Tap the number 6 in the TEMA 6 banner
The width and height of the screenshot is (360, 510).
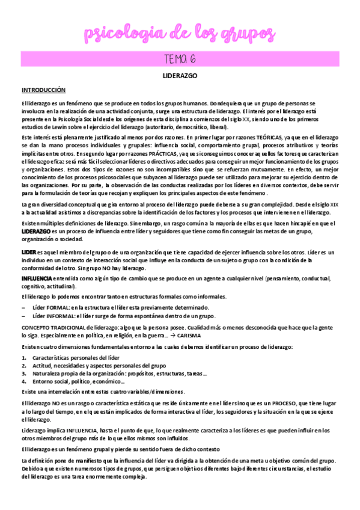coord(195,59)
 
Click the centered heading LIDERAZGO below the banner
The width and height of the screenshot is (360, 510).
coord(180,77)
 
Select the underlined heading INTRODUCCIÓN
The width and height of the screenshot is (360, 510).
coord(43,90)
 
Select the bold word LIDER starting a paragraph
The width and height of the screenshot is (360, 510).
coord(28,252)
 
